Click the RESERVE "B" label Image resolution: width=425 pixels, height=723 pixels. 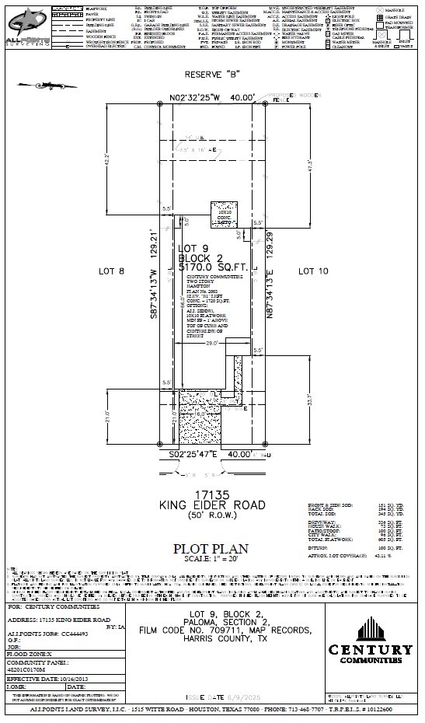211,75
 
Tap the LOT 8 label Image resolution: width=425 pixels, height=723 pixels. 112,271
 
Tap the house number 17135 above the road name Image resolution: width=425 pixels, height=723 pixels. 212,493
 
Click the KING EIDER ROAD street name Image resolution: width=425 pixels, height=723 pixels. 212,505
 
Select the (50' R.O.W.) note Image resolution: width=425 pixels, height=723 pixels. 212,516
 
